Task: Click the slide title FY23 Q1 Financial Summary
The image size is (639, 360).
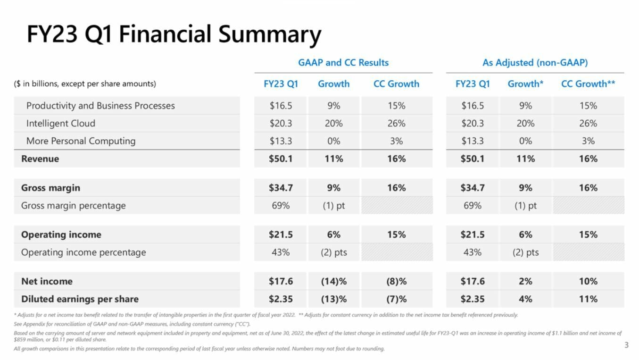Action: point(174,34)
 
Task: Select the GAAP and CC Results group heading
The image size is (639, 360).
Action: point(343,63)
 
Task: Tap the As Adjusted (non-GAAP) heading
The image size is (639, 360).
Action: point(535,63)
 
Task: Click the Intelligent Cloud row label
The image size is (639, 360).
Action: point(61,123)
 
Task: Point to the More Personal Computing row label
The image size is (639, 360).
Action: point(81,141)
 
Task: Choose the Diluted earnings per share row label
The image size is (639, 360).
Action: point(80,299)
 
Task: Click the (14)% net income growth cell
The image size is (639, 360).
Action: point(334,281)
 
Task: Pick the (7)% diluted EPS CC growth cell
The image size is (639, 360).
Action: point(396,299)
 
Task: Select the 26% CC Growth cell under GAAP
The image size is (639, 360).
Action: point(396,123)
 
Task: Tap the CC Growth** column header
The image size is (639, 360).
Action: point(588,84)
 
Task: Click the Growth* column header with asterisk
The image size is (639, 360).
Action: point(525,84)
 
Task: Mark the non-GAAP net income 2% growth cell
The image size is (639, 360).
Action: point(525,281)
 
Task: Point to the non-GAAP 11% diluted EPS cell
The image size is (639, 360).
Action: point(588,299)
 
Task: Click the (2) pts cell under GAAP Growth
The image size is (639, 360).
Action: point(334,252)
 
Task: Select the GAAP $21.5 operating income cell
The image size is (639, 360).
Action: point(281,234)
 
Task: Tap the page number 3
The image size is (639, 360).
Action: point(626,345)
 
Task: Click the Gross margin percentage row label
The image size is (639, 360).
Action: point(73,206)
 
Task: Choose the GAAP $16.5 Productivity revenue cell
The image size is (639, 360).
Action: point(281,106)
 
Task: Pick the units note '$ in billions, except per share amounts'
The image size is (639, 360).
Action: point(85,84)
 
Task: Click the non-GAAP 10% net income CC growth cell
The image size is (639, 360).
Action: point(588,281)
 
